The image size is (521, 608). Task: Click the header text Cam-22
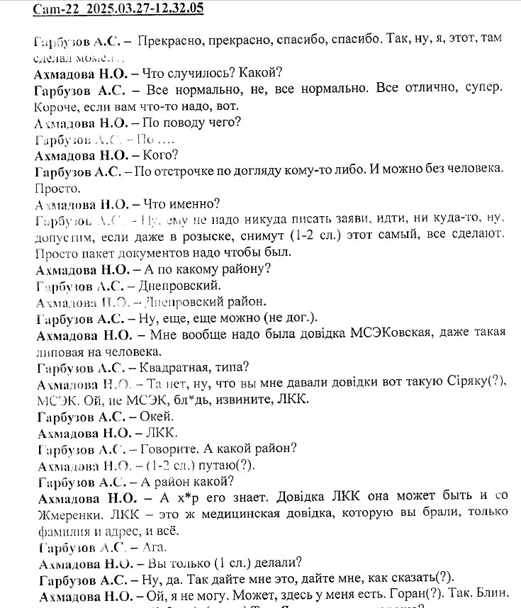click(54, 9)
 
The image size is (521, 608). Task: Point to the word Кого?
click(160, 154)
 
